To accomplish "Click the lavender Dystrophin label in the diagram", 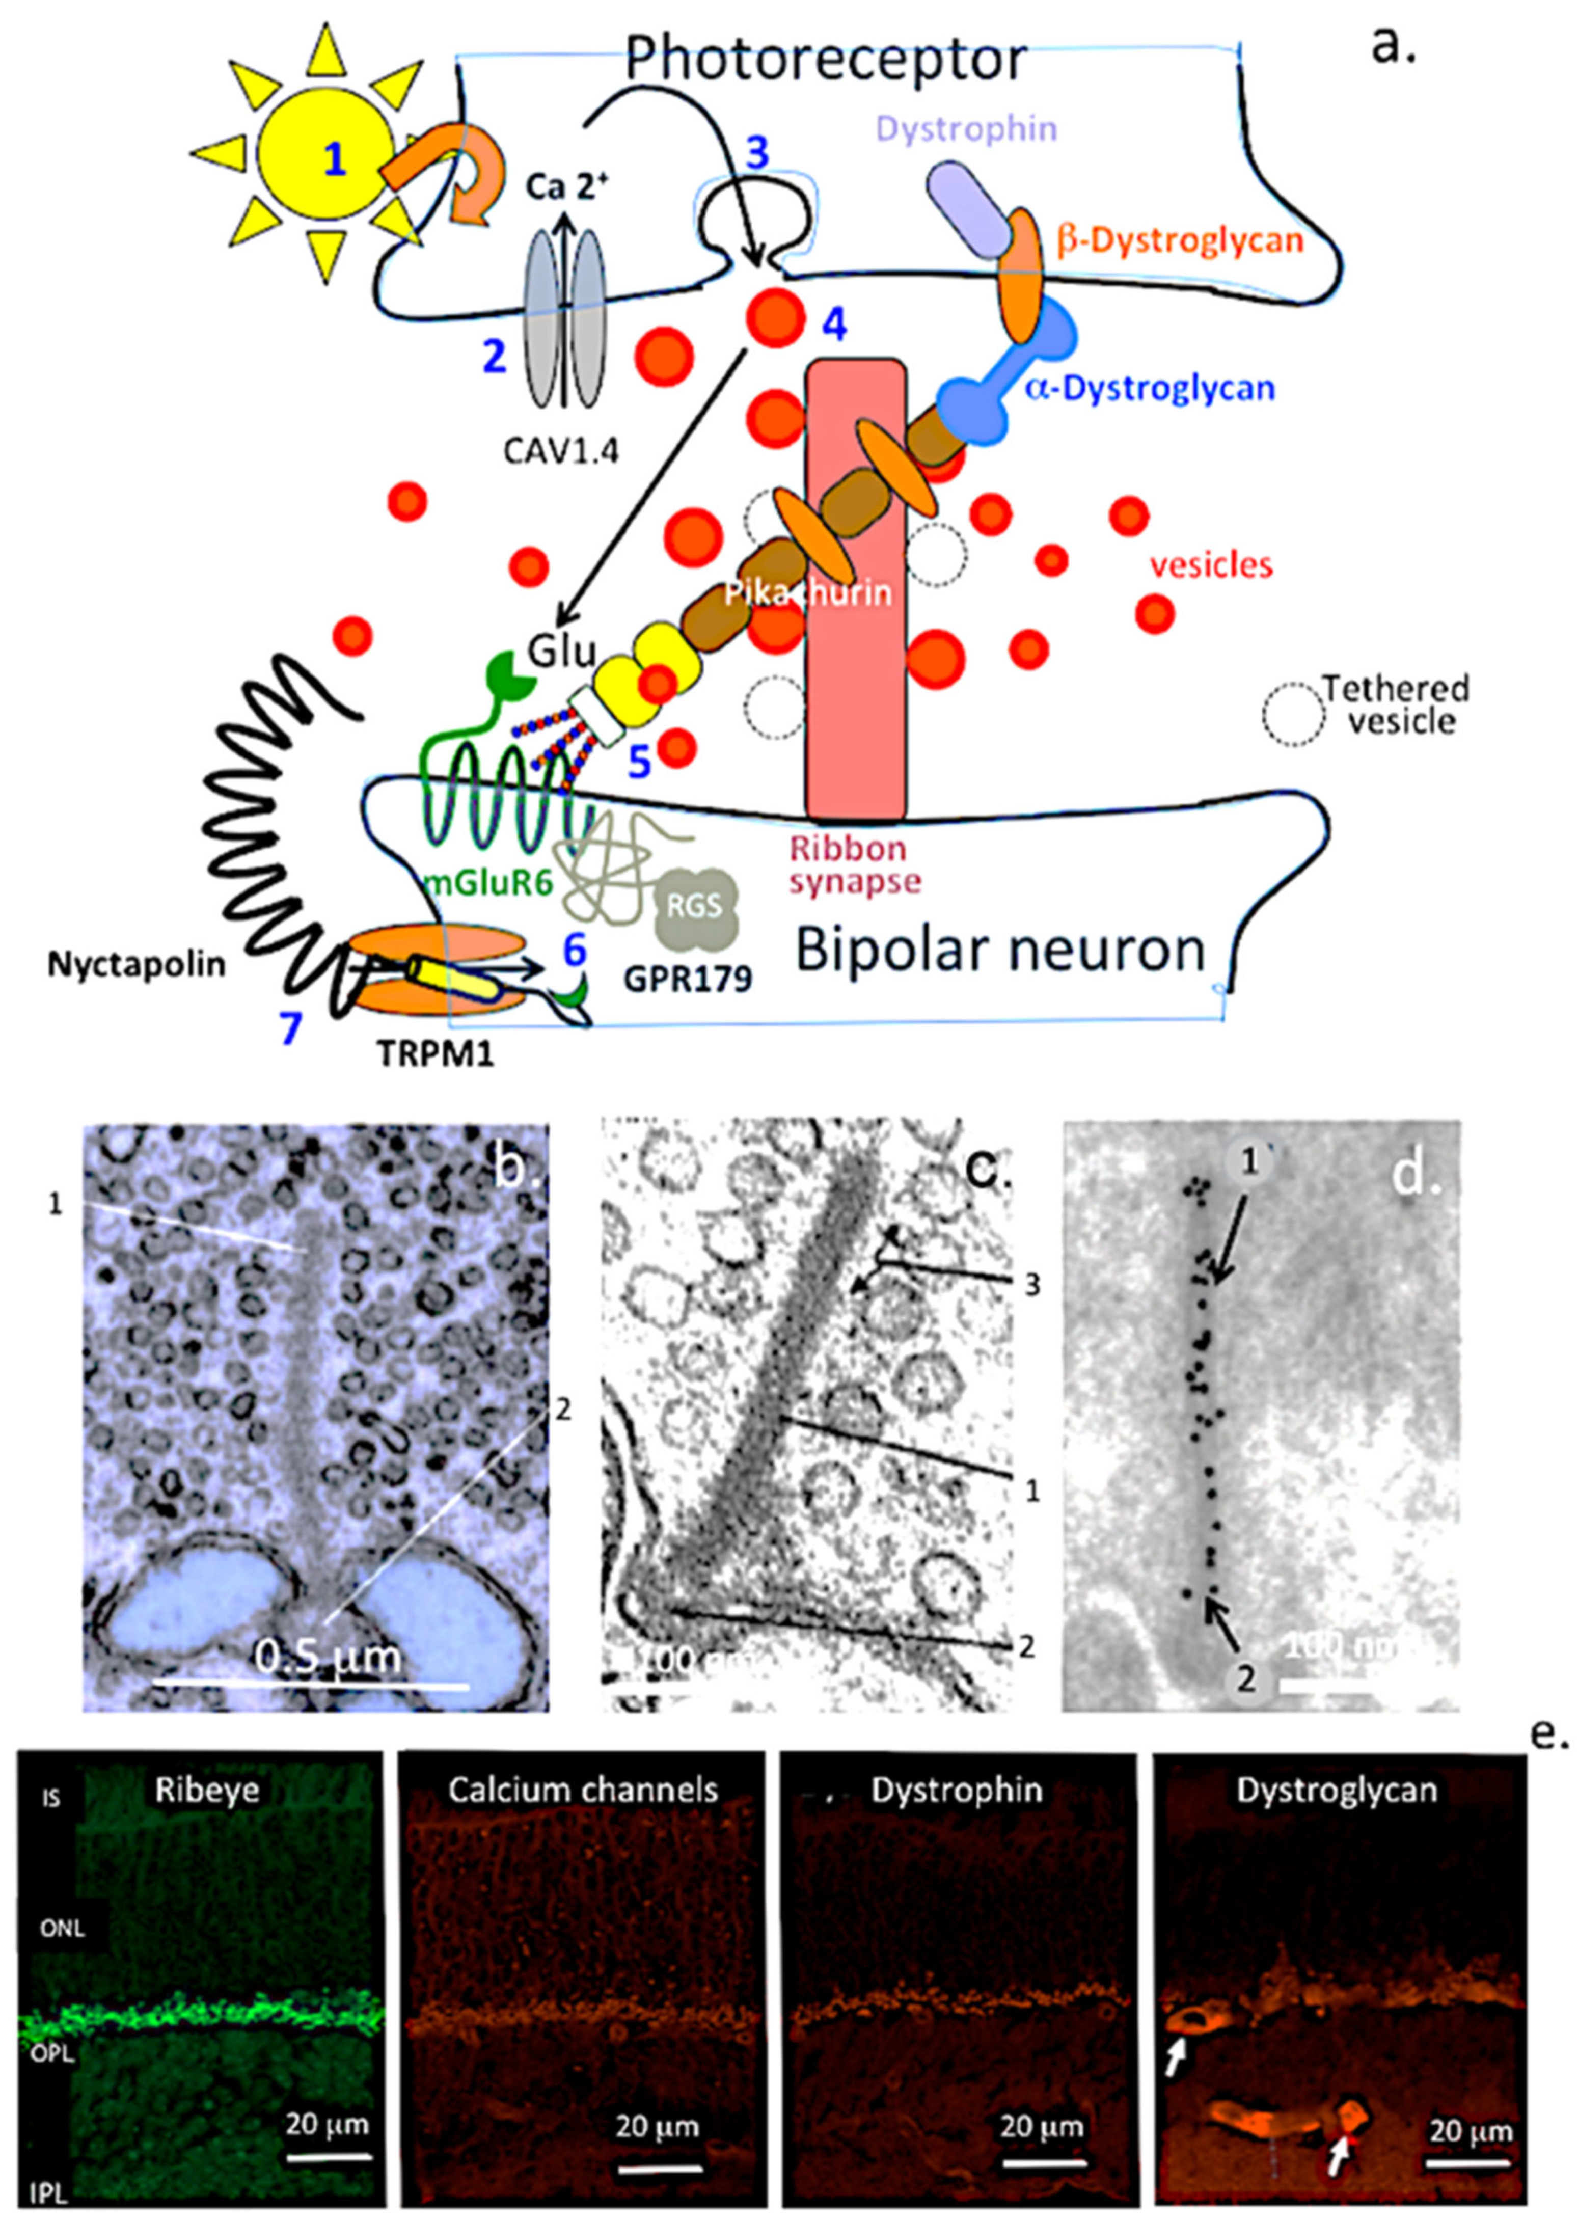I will tap(967, 129).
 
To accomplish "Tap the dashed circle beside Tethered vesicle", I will tap(1292, 714).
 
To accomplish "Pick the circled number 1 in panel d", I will tap(1248, 1160).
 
